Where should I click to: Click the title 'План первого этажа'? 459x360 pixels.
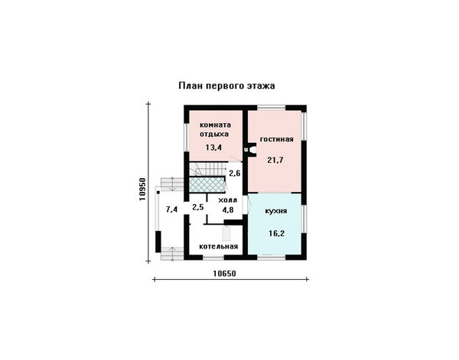[227, 86]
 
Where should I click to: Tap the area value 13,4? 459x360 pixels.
[213, 148]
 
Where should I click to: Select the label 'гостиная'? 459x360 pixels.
[277, 139]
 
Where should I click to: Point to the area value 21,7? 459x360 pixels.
[275, 160]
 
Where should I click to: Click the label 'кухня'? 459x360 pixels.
[275, 211]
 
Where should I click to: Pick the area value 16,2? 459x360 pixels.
[277, 233]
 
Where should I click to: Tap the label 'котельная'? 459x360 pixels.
[218, 246]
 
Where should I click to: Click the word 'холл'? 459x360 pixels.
[227, 200]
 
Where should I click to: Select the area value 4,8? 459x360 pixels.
[227, 209]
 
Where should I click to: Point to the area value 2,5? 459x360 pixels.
[198, 207]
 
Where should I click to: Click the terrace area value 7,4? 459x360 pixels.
[172, 209]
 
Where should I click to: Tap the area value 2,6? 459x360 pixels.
[235, 174]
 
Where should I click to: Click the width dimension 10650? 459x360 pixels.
[224, 274]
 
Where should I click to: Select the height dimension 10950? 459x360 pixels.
[142, 190]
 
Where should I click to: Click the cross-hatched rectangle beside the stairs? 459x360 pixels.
[207, 184]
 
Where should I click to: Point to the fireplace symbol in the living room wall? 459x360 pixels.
[249, 149]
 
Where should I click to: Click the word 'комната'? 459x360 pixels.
[215, 125]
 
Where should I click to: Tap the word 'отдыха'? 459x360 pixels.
[214, 135]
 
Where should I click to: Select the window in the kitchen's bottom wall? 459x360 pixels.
[271, 257]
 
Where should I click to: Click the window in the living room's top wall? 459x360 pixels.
[271, 108]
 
